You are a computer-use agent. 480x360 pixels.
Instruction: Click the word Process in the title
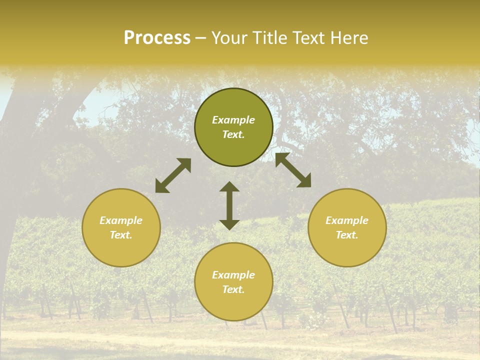coord(157,38)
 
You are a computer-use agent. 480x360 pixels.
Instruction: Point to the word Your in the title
coord(230,38)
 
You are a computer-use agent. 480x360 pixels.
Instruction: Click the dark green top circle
coord(233,102)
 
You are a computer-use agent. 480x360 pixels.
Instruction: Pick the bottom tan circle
coord(233,305)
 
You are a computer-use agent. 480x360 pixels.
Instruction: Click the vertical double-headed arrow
coord(229,205)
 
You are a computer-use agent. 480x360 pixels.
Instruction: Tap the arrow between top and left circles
coord(173,175)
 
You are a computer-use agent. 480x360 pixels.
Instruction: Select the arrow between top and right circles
coord(293,170)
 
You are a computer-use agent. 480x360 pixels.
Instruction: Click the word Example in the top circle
coord(233,120)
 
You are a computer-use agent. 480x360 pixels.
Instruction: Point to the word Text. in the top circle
coord(233,134)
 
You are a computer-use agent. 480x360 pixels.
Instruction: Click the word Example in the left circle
coord(121,220)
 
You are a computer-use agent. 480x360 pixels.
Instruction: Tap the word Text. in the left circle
coord(121,235)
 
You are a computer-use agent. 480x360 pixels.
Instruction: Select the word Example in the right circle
coord(347,220)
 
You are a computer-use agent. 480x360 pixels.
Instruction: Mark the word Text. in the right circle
coord(347,235)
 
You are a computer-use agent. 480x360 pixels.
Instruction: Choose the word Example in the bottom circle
coord(233,275)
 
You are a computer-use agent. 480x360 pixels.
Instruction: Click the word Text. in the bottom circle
coord(233,289)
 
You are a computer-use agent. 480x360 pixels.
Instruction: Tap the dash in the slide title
coord(201,38)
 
